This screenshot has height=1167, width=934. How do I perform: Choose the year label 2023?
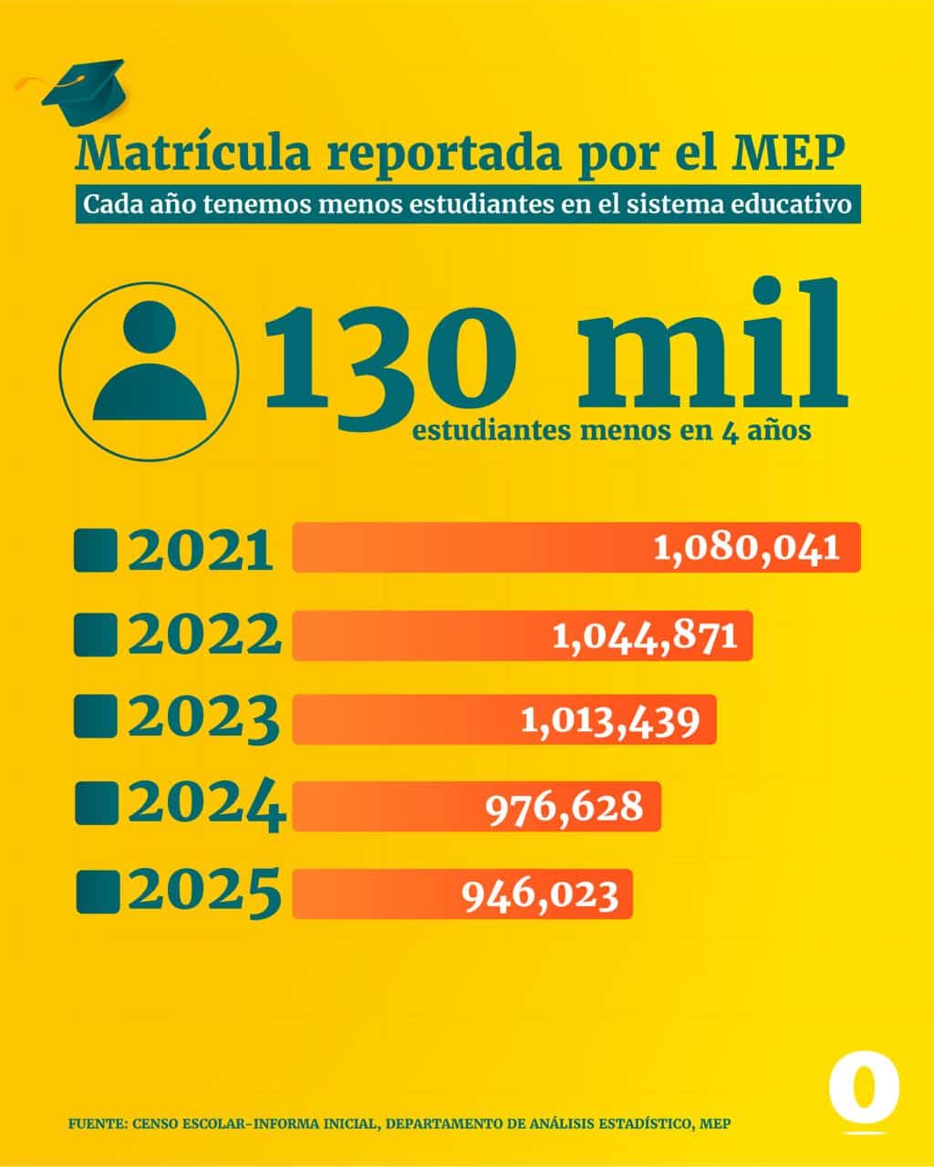(203, 720)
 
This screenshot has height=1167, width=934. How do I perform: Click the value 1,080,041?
(746, 548)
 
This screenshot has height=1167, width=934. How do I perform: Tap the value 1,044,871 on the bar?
(644, 635)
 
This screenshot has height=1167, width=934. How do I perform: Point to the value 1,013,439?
(610, 721)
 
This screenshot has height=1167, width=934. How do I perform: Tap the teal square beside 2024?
(96, 804)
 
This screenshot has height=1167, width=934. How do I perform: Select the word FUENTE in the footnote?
(96, 1124)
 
